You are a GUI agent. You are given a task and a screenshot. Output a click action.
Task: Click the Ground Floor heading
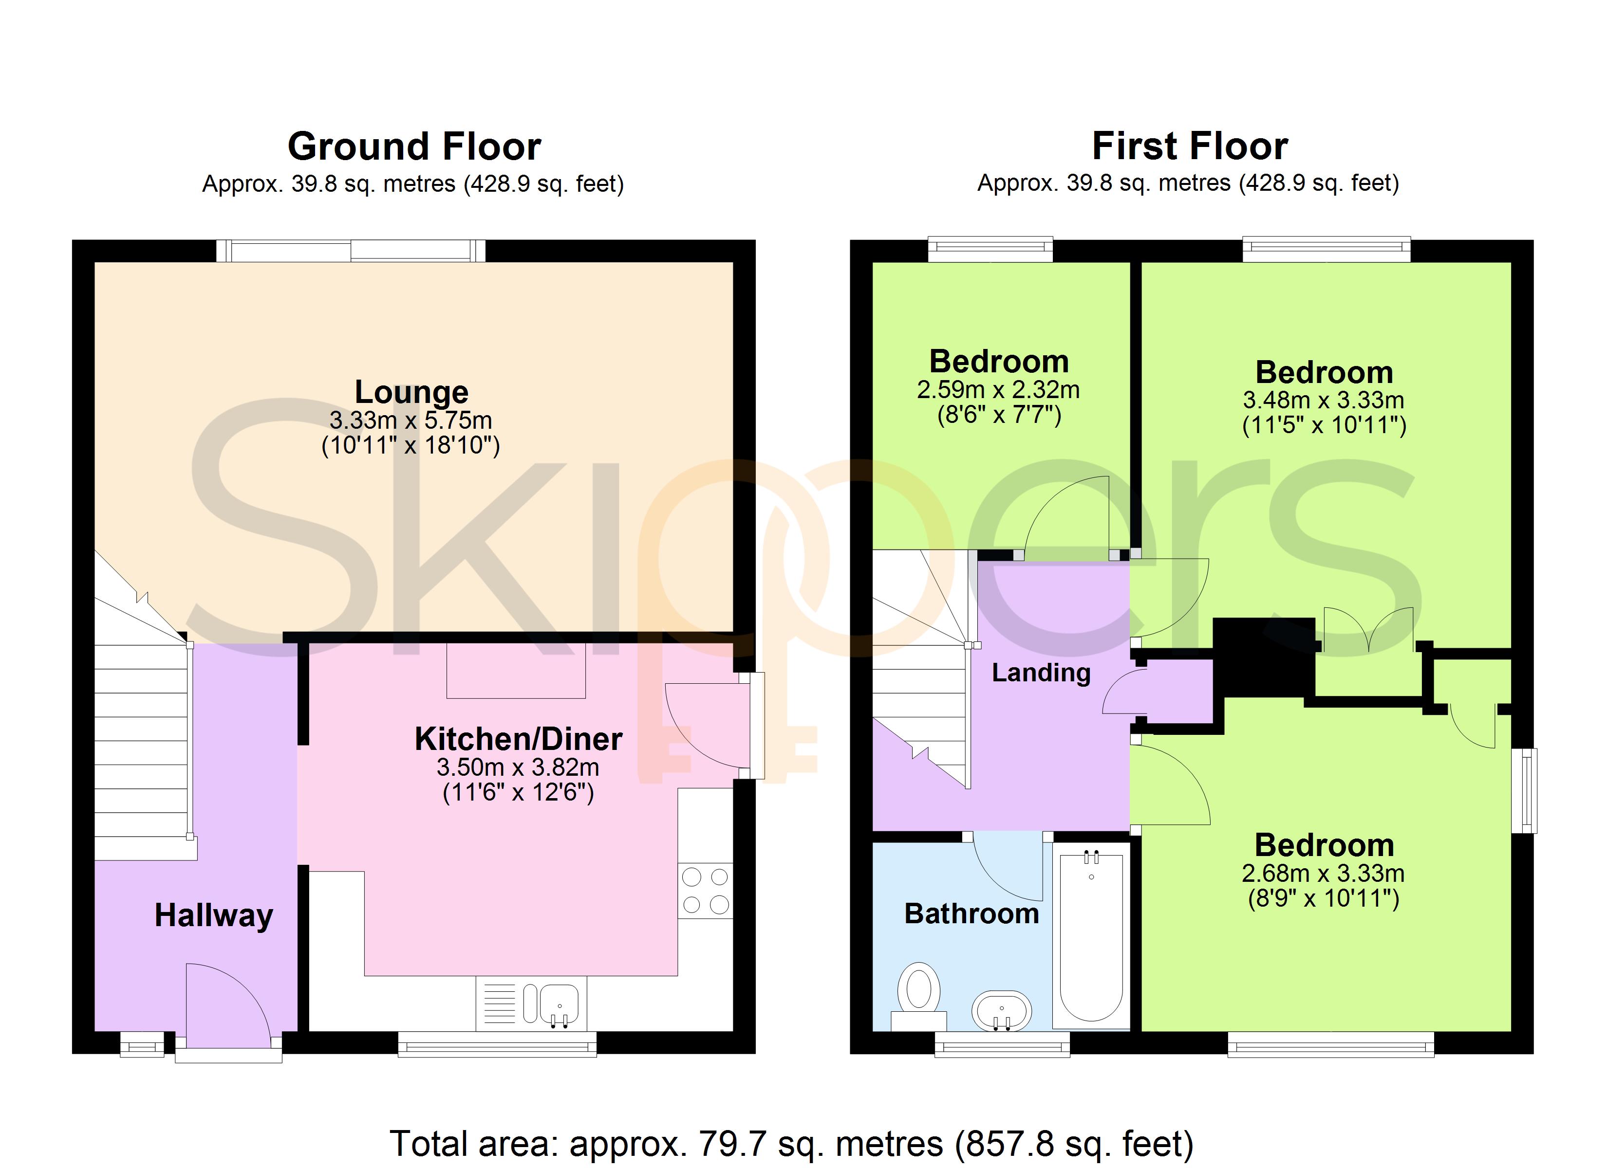pyautogui.click(x=414, y=146)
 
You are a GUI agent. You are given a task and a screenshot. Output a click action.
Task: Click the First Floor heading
pyautogui.click(x=1190, y=146)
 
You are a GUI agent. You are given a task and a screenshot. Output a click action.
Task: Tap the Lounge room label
pyautogui.click(x=411, y=392)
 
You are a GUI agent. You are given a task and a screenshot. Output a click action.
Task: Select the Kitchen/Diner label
pyautogui.click(x=518, y=739)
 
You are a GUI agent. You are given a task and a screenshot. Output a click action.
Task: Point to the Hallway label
pyautogui.click(x=214, y=915)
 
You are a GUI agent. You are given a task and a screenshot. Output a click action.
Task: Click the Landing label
pyautogui.click(x=1041, y=672)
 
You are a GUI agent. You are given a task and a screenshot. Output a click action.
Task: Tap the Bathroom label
pyautogui.click(x=972, y=914)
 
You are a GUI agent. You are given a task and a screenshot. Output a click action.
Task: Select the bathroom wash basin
pyautogui.click(x=1001, y=1010)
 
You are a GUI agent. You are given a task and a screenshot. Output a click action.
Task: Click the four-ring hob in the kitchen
pyautogui.click(x=705, y=891)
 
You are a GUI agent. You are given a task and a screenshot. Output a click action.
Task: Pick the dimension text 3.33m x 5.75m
pyautogui.click(x=411, y=420)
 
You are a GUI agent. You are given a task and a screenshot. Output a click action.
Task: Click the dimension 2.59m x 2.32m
pyautogui.click(x=998, y=389)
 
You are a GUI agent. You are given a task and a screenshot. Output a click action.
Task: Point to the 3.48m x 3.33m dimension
pyautogui.click(x=1324, y=400)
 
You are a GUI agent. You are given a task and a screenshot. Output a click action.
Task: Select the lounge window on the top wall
pyautogui.click(x=351, y=251)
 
